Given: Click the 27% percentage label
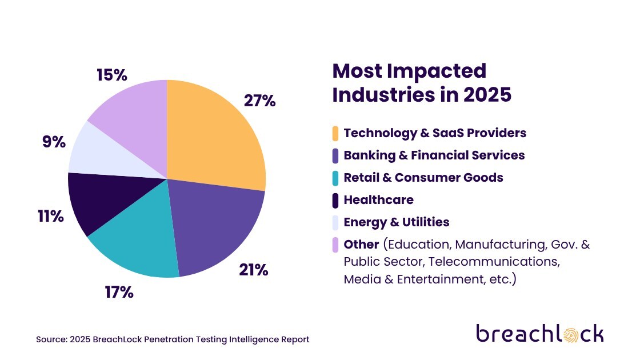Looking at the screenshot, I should click(x=260, y=101).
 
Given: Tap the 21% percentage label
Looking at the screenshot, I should click(x=254, y=270).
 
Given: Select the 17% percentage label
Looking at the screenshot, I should click(x=119, y=293).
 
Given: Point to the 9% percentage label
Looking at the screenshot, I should click(x=54, y=142).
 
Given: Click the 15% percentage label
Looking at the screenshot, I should click(x=111, y=75).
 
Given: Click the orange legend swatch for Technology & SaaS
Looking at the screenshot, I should click(x=335, y=133).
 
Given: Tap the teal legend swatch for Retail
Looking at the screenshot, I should click(x=335, y=178).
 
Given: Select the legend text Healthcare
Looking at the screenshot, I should click(x=378, y=200).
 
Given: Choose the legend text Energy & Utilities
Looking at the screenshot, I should click(x=397, y=222).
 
